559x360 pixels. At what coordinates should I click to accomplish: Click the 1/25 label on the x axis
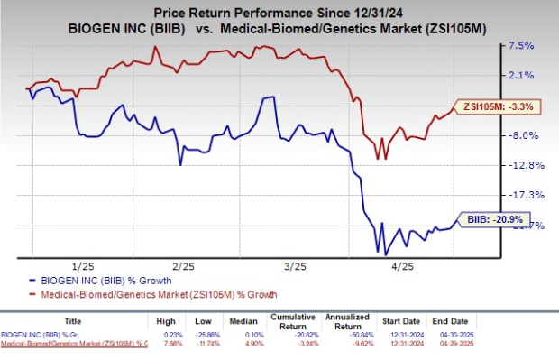83,266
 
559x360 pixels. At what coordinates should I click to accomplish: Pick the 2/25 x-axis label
184,266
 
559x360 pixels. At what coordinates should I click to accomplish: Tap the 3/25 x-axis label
294,266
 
